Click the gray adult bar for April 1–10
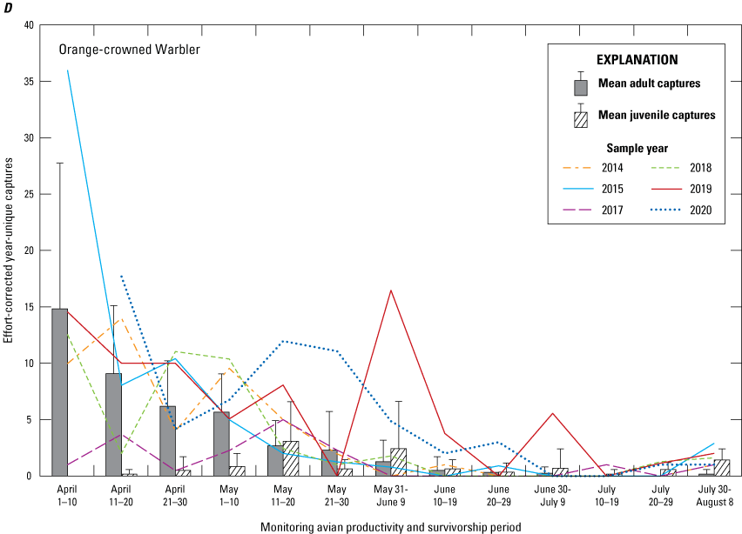(59, 392)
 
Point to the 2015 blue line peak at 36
(67, 70)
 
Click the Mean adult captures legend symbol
(581, 87)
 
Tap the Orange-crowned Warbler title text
(130, 50)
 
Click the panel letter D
(7, 8)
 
